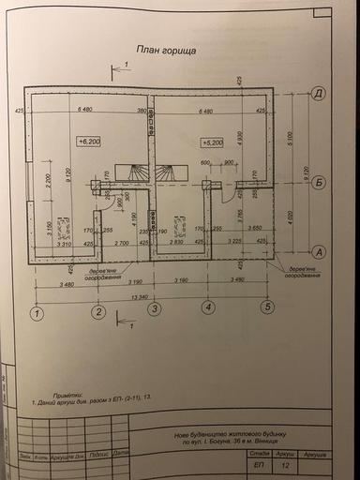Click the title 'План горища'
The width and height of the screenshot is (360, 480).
click(165, 53)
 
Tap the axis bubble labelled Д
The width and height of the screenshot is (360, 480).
click(319, 95)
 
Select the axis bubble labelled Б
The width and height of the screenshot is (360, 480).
click(319, 182)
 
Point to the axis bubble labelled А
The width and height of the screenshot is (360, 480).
click(319, 251)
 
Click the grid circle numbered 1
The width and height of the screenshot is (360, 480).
click(36, 312)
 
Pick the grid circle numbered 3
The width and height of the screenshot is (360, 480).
click(155, 308)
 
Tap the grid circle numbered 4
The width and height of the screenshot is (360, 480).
click(209, 307)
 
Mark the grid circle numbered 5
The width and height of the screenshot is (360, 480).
click(267, 306)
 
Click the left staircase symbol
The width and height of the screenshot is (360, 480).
click(137, 175)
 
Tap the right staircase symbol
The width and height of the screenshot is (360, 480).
click(168, 175)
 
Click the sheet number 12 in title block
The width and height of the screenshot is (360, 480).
click(284, 463)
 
